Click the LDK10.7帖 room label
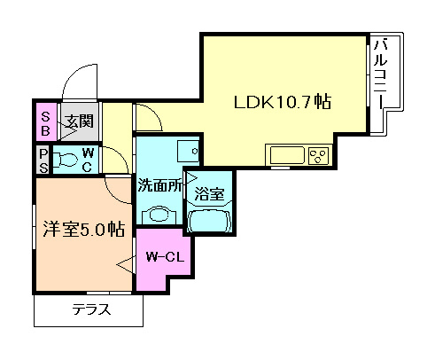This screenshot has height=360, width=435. point(282,103)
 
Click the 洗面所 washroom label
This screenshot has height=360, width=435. point(159,187)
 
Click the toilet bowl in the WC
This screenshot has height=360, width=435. point(66,160)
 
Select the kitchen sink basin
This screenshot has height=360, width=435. point(286,157)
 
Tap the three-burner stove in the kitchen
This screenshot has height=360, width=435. point(318,157)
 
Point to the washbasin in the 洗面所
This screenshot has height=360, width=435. point(159,215)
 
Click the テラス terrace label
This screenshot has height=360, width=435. point(91,310)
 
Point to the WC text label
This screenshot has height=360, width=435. point(88,160)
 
